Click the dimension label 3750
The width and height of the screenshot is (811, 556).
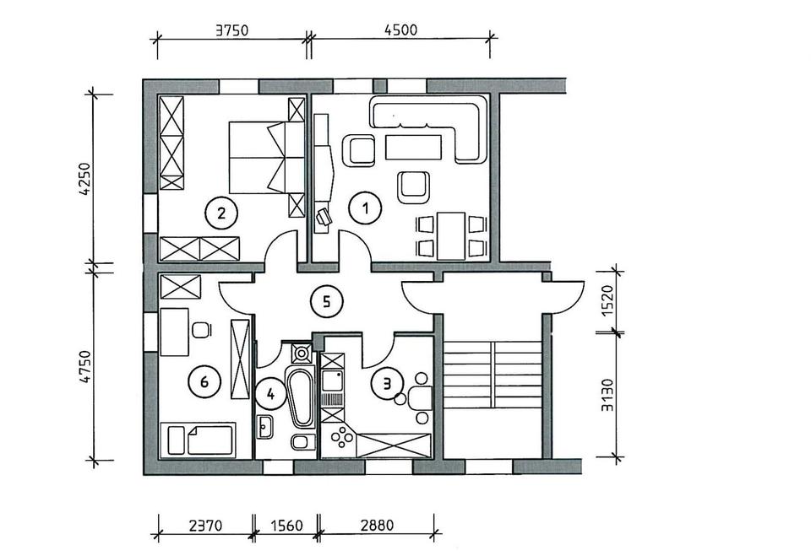pyautogui.click(x=231, y=30)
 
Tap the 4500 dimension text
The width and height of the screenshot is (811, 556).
pyautogui.click(x=400, y=30)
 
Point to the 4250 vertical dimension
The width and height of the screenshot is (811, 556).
pyautogui.click(x=84, y=180)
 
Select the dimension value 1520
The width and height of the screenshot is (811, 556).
pyautogui.click(x=607, y=300)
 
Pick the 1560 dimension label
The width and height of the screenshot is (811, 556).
pyautogui.click(x=286, y=526)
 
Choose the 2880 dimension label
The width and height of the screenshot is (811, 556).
pyautogui.click(x=377, y=526)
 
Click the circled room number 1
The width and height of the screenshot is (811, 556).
pyautogui.click(x=365, y=208)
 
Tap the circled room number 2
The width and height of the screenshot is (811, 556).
pyautogui.click(x=221, y=213)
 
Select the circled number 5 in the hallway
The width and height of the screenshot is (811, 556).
pyautogui.click(x=327, y=302)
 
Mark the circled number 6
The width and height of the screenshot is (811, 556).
pyautogui.click(x=204, y=382)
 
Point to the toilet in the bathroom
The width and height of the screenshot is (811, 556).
pyautogui.click(x=303, y=442)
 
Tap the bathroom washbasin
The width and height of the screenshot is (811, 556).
pyautogui.click(x=265, y=427)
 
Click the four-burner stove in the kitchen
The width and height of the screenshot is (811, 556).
pyautogui.click(x=341, y=437)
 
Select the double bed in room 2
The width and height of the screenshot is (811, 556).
pyautogui.click(x=267, y=158)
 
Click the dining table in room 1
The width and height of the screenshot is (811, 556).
pyautogui.click(x=450, y=235)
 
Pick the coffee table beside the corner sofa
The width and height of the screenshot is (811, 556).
pyautogui.click(x=413, y=148)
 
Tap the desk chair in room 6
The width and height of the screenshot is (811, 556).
pyautogui.click(x=201, y=330)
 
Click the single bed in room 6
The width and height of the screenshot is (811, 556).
pyautogui.click(x=198, y=440)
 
